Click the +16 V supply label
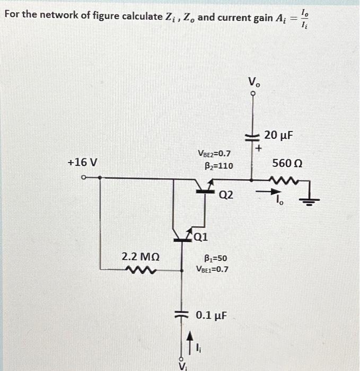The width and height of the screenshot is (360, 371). pyautogui.click(x=83, y=162)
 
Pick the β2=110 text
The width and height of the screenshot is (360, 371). pyautogui.click(x=218, y=165)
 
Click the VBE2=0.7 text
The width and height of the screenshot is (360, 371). pyautogui.click(x=214, y=154)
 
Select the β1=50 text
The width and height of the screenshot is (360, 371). pyautogui.click(x=216, y=258)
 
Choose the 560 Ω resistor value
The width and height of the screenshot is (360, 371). pyautogui.click(x=286, y=163)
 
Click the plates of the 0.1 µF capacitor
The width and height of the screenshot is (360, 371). pyautogui.click(x=183, y=314)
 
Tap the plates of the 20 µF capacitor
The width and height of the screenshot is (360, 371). pyautogui.click(x=253, y=138)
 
